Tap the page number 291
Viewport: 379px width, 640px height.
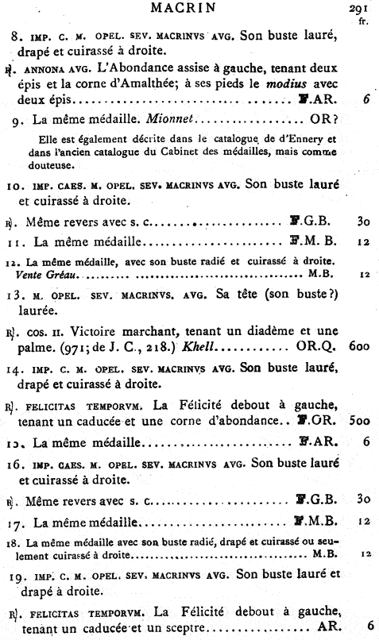[362, 10]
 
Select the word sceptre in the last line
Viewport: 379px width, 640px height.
[180, 627]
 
